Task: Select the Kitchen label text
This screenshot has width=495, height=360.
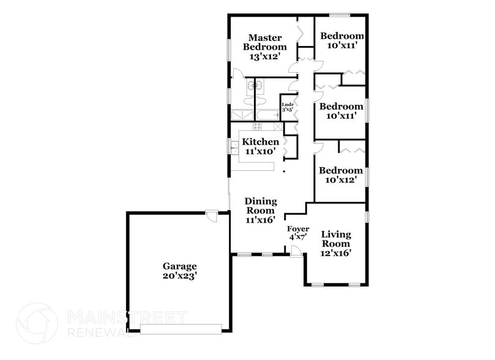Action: point(261,142)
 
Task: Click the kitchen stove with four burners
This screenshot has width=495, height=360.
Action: point(258,127)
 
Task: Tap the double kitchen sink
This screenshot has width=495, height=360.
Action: point(235,146)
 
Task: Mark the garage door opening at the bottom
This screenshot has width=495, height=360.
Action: point(181,328)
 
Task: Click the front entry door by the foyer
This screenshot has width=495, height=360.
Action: point(295,250)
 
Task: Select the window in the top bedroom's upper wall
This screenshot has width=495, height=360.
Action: point(340,15)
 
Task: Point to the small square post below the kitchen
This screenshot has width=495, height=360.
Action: point(284,172)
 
